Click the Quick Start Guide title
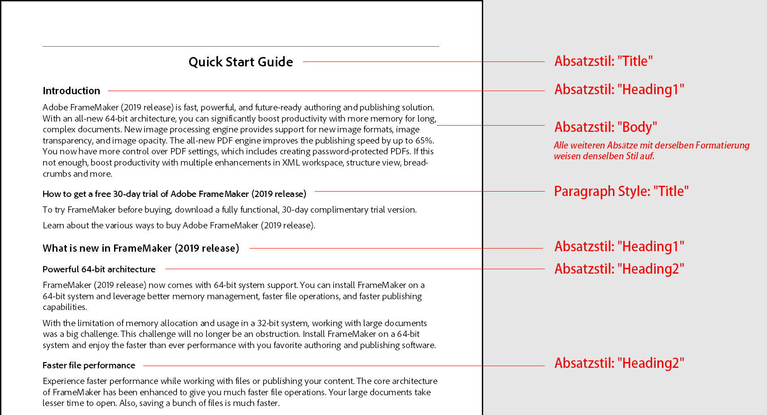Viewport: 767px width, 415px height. tap(241, 62)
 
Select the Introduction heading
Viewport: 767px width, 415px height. tap(71, 91)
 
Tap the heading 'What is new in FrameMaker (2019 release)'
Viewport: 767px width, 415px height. tap(141, 248)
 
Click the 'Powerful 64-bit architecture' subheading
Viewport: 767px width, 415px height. tap(99, 269)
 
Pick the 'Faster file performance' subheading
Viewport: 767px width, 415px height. tap(89, 365)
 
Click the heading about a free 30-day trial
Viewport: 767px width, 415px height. tap(174, 194)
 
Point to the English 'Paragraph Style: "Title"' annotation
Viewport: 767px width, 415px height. tap(621, 191)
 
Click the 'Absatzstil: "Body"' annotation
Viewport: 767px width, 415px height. tap(605, 127)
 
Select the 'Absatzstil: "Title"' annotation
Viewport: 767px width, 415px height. tap(603, 61)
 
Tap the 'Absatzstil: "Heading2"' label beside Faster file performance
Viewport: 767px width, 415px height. tap(619, 363)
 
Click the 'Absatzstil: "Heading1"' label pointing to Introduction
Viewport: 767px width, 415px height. tap(619, 89)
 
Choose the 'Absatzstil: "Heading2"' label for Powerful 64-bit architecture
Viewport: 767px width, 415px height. tap(619, 269)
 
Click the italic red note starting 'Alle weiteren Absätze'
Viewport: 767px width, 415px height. tap(651, 151)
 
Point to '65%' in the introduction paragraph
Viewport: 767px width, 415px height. tap(424, 140)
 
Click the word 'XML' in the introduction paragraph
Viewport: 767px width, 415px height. tap(291, 162)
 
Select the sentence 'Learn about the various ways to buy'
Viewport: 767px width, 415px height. tap(179, 225)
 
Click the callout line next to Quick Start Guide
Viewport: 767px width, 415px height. tap(422, 61)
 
